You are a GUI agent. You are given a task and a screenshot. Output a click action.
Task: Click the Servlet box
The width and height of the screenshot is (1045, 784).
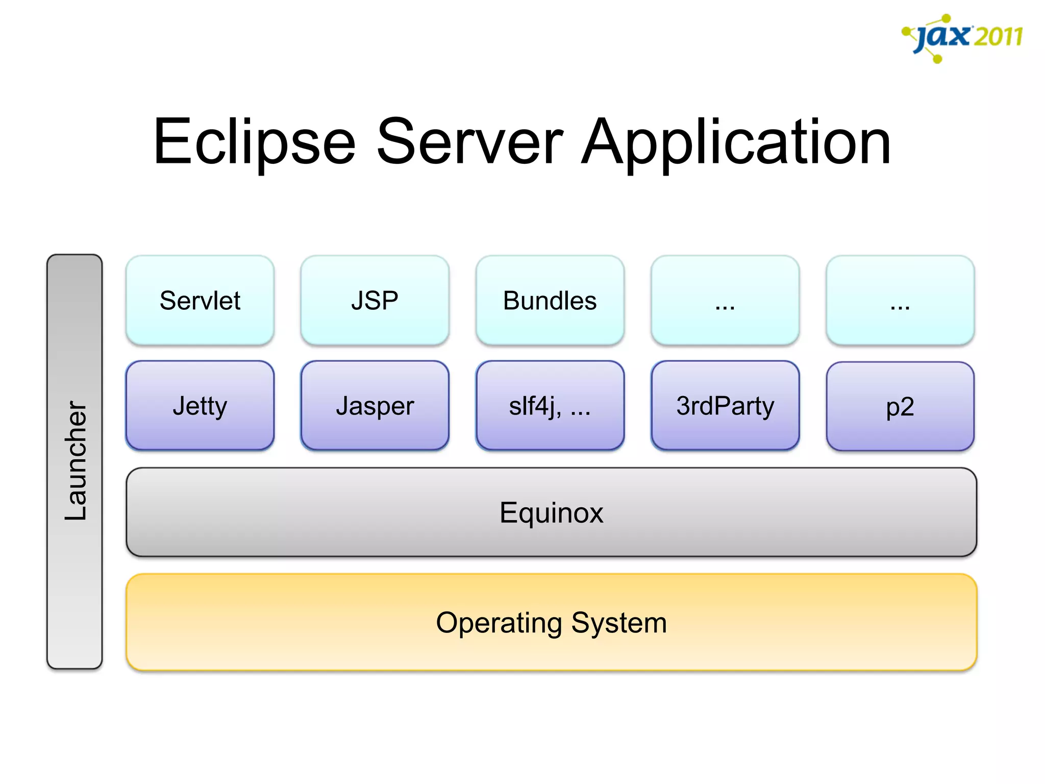click(x=200, y=300)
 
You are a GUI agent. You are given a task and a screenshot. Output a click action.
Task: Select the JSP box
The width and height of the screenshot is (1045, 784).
click(x=375, y=300)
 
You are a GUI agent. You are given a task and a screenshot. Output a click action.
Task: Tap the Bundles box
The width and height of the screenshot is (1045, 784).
click(x=550, y=300)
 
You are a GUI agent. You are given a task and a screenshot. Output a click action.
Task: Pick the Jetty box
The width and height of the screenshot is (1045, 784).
click(x=200, y=406)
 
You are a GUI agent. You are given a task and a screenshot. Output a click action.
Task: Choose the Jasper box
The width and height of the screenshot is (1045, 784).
click(x=375, y=406)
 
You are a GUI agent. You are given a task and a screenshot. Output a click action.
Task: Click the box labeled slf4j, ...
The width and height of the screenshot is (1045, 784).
click(x=550, y=406)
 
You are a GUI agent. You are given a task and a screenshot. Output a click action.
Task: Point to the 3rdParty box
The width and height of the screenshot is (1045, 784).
click(x=725, y=406)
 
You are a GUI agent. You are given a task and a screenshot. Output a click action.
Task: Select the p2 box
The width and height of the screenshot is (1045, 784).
click(x=900, y=407)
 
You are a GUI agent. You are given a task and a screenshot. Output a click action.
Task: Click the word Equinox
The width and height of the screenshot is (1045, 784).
click(x=551, y=512)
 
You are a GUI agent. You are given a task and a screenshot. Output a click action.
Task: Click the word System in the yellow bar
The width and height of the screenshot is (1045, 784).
click(x=619, y=623)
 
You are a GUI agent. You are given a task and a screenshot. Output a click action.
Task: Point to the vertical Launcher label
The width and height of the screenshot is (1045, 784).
click(x=76, y=461)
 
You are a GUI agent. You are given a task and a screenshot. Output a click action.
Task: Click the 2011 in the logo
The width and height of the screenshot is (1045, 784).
click(x=998, y=37)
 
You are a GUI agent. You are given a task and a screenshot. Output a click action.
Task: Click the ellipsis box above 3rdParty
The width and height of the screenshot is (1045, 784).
click(x=725, y=300)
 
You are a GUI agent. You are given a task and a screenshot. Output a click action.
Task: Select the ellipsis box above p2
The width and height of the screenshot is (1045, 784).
click(x=900, y=300)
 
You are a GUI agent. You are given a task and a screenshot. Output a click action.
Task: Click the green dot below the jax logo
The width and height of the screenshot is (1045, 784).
click(x=937, y=60)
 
